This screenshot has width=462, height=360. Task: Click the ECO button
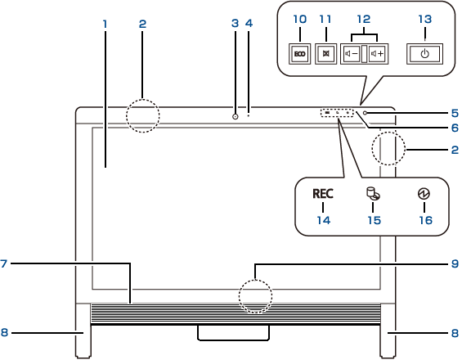click(x=299, y=54)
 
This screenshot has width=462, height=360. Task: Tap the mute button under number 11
click(x=326, y=54)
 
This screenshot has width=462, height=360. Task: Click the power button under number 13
click(x=424, y=54)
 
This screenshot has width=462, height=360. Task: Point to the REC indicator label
click(x=323, y=194)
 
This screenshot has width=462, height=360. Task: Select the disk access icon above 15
click(x=373, y=194)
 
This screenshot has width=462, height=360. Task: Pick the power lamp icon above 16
click(x=424, y=194)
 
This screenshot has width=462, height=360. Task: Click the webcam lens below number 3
click(x=235, y=116)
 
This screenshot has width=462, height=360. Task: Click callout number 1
click(x=105, y=25)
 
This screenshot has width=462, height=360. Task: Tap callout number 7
click(x=3, y=263)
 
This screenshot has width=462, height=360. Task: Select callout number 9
click(x=455, y=263)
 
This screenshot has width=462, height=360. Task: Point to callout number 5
click(x=455, y=113)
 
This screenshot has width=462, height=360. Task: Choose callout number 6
click(x=455, y=128)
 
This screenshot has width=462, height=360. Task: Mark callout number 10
click(x=299, y=19)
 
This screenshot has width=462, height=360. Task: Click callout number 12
click(x=364, y=19)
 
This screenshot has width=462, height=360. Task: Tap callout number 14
click(x=324, y=220)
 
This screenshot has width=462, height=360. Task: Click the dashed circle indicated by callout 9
click(x=255, y=280)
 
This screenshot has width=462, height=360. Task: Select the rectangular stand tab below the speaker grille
click(x=233, y=333)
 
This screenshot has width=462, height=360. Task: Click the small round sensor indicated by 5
click(x=366, y=113)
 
